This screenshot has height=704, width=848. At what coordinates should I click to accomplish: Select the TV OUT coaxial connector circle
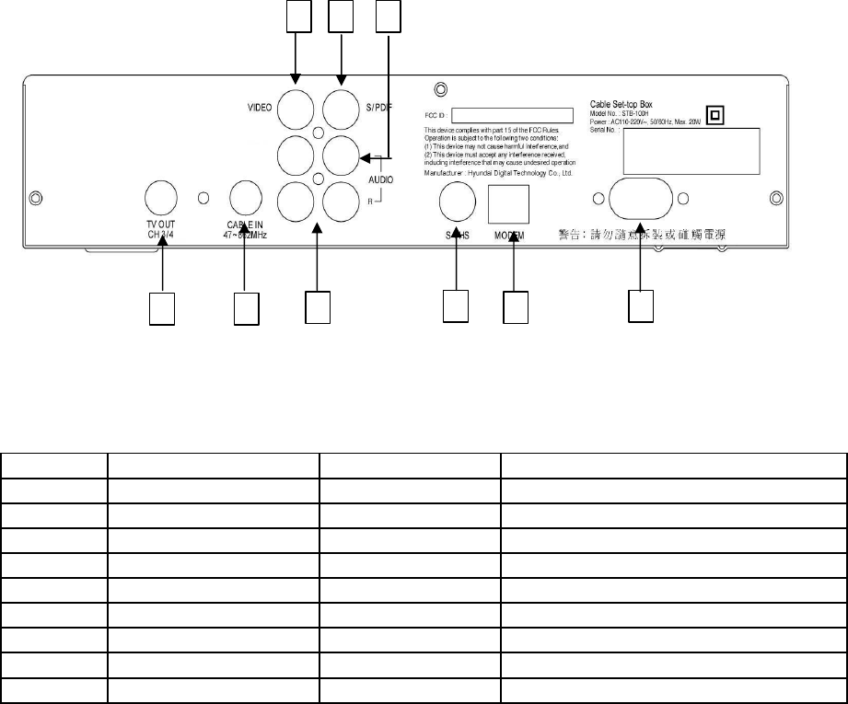162,195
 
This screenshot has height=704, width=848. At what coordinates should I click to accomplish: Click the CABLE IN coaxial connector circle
246,195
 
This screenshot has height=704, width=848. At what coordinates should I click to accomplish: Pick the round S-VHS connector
458,199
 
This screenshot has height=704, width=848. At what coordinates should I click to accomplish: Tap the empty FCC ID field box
520,116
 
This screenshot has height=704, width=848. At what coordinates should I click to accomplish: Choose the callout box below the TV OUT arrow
162,307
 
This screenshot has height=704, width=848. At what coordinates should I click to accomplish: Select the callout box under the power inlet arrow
640,307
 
